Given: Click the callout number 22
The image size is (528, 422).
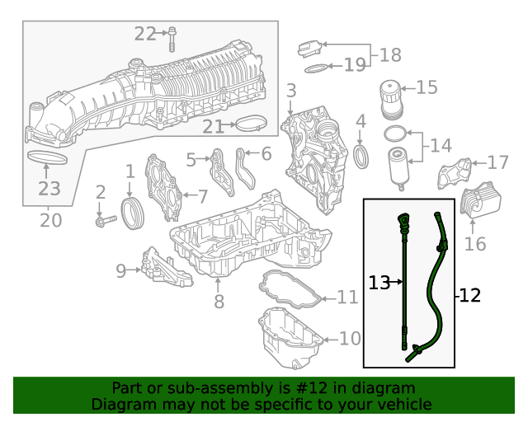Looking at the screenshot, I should pos(145,34).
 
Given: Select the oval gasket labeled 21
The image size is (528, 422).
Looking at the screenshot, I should pos(252,125).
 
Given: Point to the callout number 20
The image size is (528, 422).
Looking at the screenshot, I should pos(50,220).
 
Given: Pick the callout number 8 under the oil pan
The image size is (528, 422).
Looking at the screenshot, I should pos(219,302).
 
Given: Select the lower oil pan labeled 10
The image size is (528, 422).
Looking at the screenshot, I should pos(289,338).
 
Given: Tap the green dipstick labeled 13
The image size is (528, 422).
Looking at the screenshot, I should pos(404,280).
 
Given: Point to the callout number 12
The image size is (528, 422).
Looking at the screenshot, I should pos(469,294).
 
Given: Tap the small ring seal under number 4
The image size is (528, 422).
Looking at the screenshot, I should pos(361,156).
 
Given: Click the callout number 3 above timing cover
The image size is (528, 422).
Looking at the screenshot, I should pos(291,90).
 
